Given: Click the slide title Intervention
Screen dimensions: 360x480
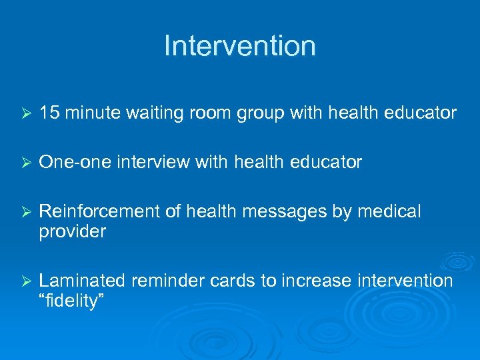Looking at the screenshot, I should tap(239, 46).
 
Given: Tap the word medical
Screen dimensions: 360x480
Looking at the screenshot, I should tap(389, 211).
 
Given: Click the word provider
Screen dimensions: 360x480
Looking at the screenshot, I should tap(72, 232).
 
